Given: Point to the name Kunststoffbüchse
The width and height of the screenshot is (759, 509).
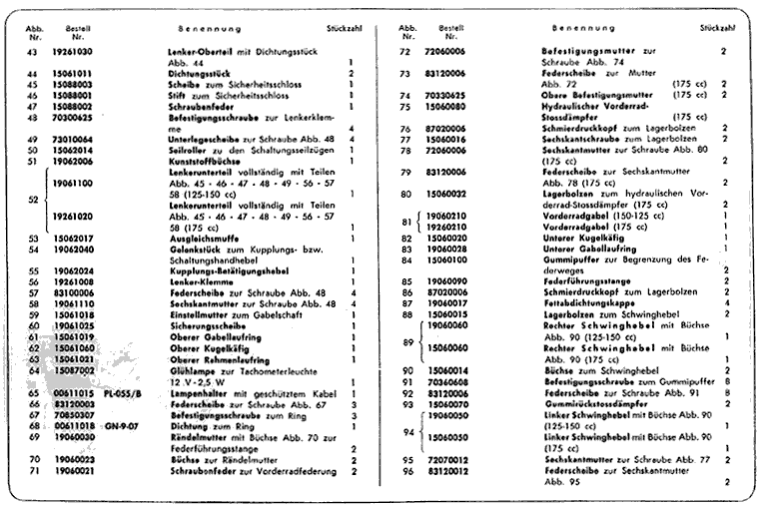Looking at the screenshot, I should (203, 161).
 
